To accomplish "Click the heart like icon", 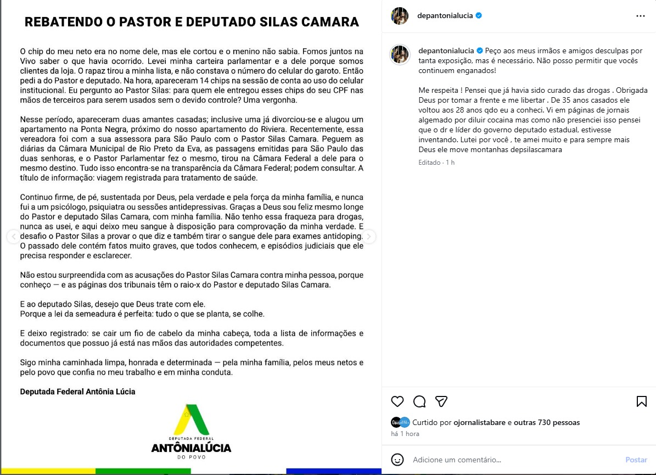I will [x=397, y=401].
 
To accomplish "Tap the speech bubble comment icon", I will [x=419, y=401].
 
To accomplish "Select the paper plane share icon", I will [x=441, y=401].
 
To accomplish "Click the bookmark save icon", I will [x=641, y=401].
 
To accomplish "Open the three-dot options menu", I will [x=641, y=16].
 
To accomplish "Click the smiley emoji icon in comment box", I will [x=397, y=460].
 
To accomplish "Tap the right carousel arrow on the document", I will [x=369, y=237].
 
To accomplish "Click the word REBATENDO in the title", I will [x=61, y=22].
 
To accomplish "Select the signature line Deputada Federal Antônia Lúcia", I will [x=77, y=392].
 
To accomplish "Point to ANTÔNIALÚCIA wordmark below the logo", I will [x=191, y=448].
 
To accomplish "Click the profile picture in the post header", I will [x=400, y=16].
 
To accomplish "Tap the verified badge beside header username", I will [x=479, y=16].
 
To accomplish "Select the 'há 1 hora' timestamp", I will [x=405, y=434].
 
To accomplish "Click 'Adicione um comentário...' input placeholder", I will [x=457, y=460].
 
